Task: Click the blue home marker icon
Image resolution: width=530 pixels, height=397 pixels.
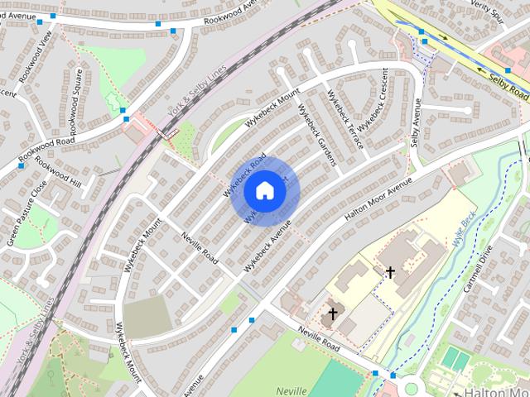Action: tap(264, 190)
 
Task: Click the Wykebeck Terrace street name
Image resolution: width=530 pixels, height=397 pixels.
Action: tap(345, 119)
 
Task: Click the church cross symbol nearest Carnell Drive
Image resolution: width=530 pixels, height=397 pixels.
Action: tap(390, 271)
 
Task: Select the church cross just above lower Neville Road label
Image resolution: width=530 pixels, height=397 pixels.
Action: tap(333, 313)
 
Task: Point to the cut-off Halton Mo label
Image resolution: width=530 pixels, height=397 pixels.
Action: tap(497, 390)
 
